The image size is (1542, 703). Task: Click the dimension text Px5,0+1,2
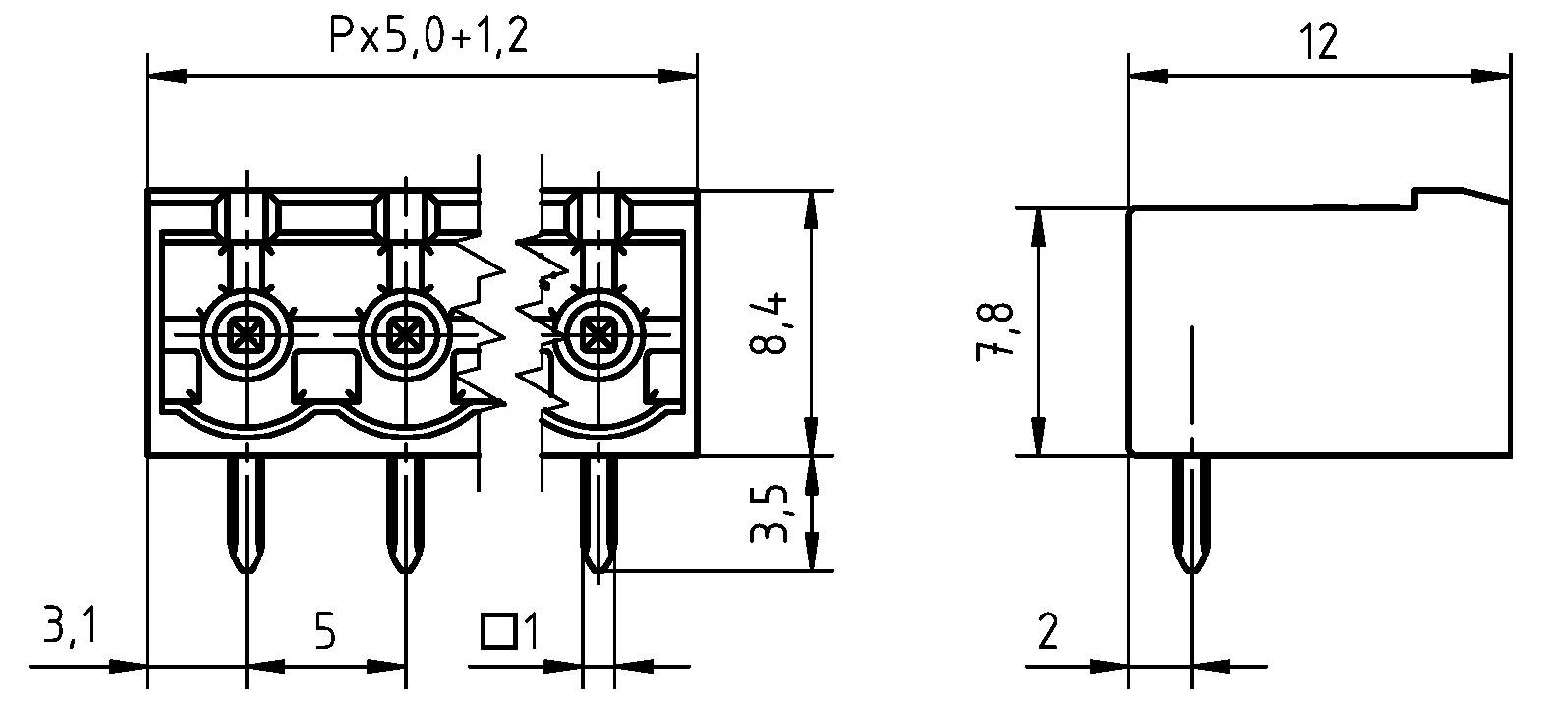point(428,37)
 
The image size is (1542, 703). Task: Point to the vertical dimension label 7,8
point(996,331)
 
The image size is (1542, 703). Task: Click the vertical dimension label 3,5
point(771,512)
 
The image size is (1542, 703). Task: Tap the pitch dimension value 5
point(325,630)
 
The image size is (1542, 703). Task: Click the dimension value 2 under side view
point(1048,631)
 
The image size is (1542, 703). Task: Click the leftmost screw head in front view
point(244,335)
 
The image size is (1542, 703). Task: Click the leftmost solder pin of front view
point(244,513)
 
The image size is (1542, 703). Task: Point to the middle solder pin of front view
point(403,513)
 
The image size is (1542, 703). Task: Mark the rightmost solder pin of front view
point(596,513)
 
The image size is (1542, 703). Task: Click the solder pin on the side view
point(1191,513)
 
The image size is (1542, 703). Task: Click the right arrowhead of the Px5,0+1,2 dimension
point(677,75)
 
